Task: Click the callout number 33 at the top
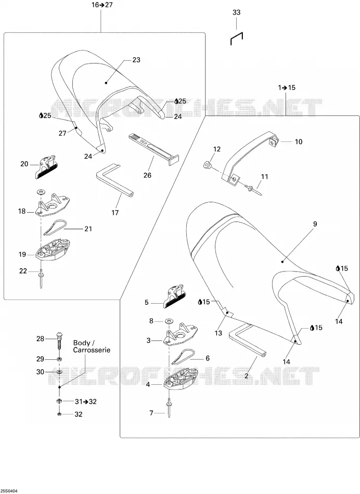click(236, 12)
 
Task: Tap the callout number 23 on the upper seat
click(136, 60)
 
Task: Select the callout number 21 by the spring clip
click(88, 229)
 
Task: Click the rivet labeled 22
click(41, 279)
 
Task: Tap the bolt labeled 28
click(59, 343)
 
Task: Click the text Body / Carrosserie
click(92, 346)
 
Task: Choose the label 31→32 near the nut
click(86, 401)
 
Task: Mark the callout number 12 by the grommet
click(217, 149)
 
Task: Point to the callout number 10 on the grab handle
click(299, 142)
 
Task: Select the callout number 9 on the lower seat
click(315, 224)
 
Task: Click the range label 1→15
click(287, 87)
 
